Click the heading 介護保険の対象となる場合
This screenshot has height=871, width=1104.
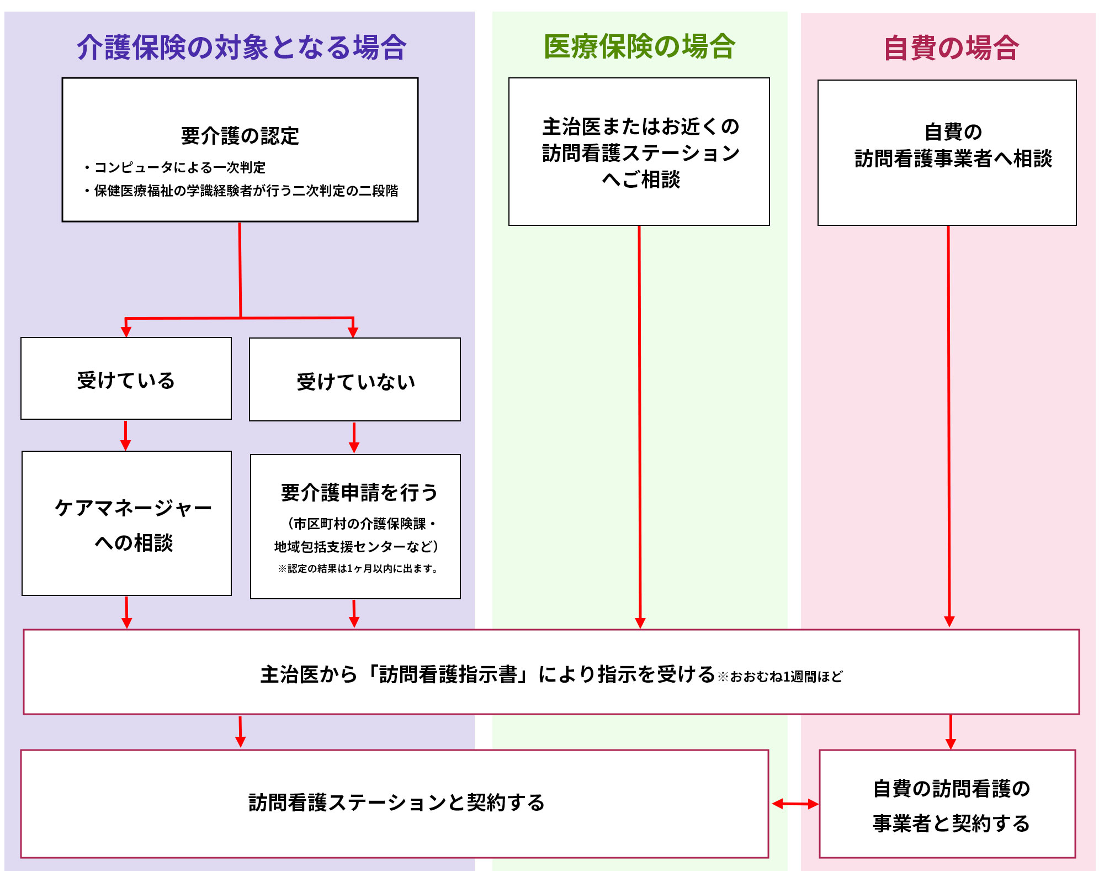(241, 47)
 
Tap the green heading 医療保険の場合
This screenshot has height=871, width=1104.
(639, 46)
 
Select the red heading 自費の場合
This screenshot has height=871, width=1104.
(951, 48)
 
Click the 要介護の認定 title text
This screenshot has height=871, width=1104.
(240, 136)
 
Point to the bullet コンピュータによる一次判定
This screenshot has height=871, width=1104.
(176, 167)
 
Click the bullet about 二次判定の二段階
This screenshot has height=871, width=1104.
(242, 191)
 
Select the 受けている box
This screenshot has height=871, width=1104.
(126, 379)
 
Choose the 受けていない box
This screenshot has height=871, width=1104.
(355, 380)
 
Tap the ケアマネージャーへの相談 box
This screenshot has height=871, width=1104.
(126, 524)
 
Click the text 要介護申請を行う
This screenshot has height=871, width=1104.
(359, 493)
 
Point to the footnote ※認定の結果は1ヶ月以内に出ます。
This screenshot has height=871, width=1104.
(358, 569)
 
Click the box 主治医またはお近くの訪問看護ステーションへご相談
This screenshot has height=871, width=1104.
(639, 152)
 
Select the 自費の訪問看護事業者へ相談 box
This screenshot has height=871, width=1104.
(947, 152)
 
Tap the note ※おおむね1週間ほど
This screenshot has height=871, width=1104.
(780, 677)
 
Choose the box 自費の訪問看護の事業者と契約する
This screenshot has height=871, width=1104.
(948, 804)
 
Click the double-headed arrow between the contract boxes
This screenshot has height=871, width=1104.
(795, 804)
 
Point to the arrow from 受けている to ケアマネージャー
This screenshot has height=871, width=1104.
(126, 436)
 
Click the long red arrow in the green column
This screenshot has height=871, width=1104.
(640, 425)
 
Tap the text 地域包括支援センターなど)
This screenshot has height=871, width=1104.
(356, 547)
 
